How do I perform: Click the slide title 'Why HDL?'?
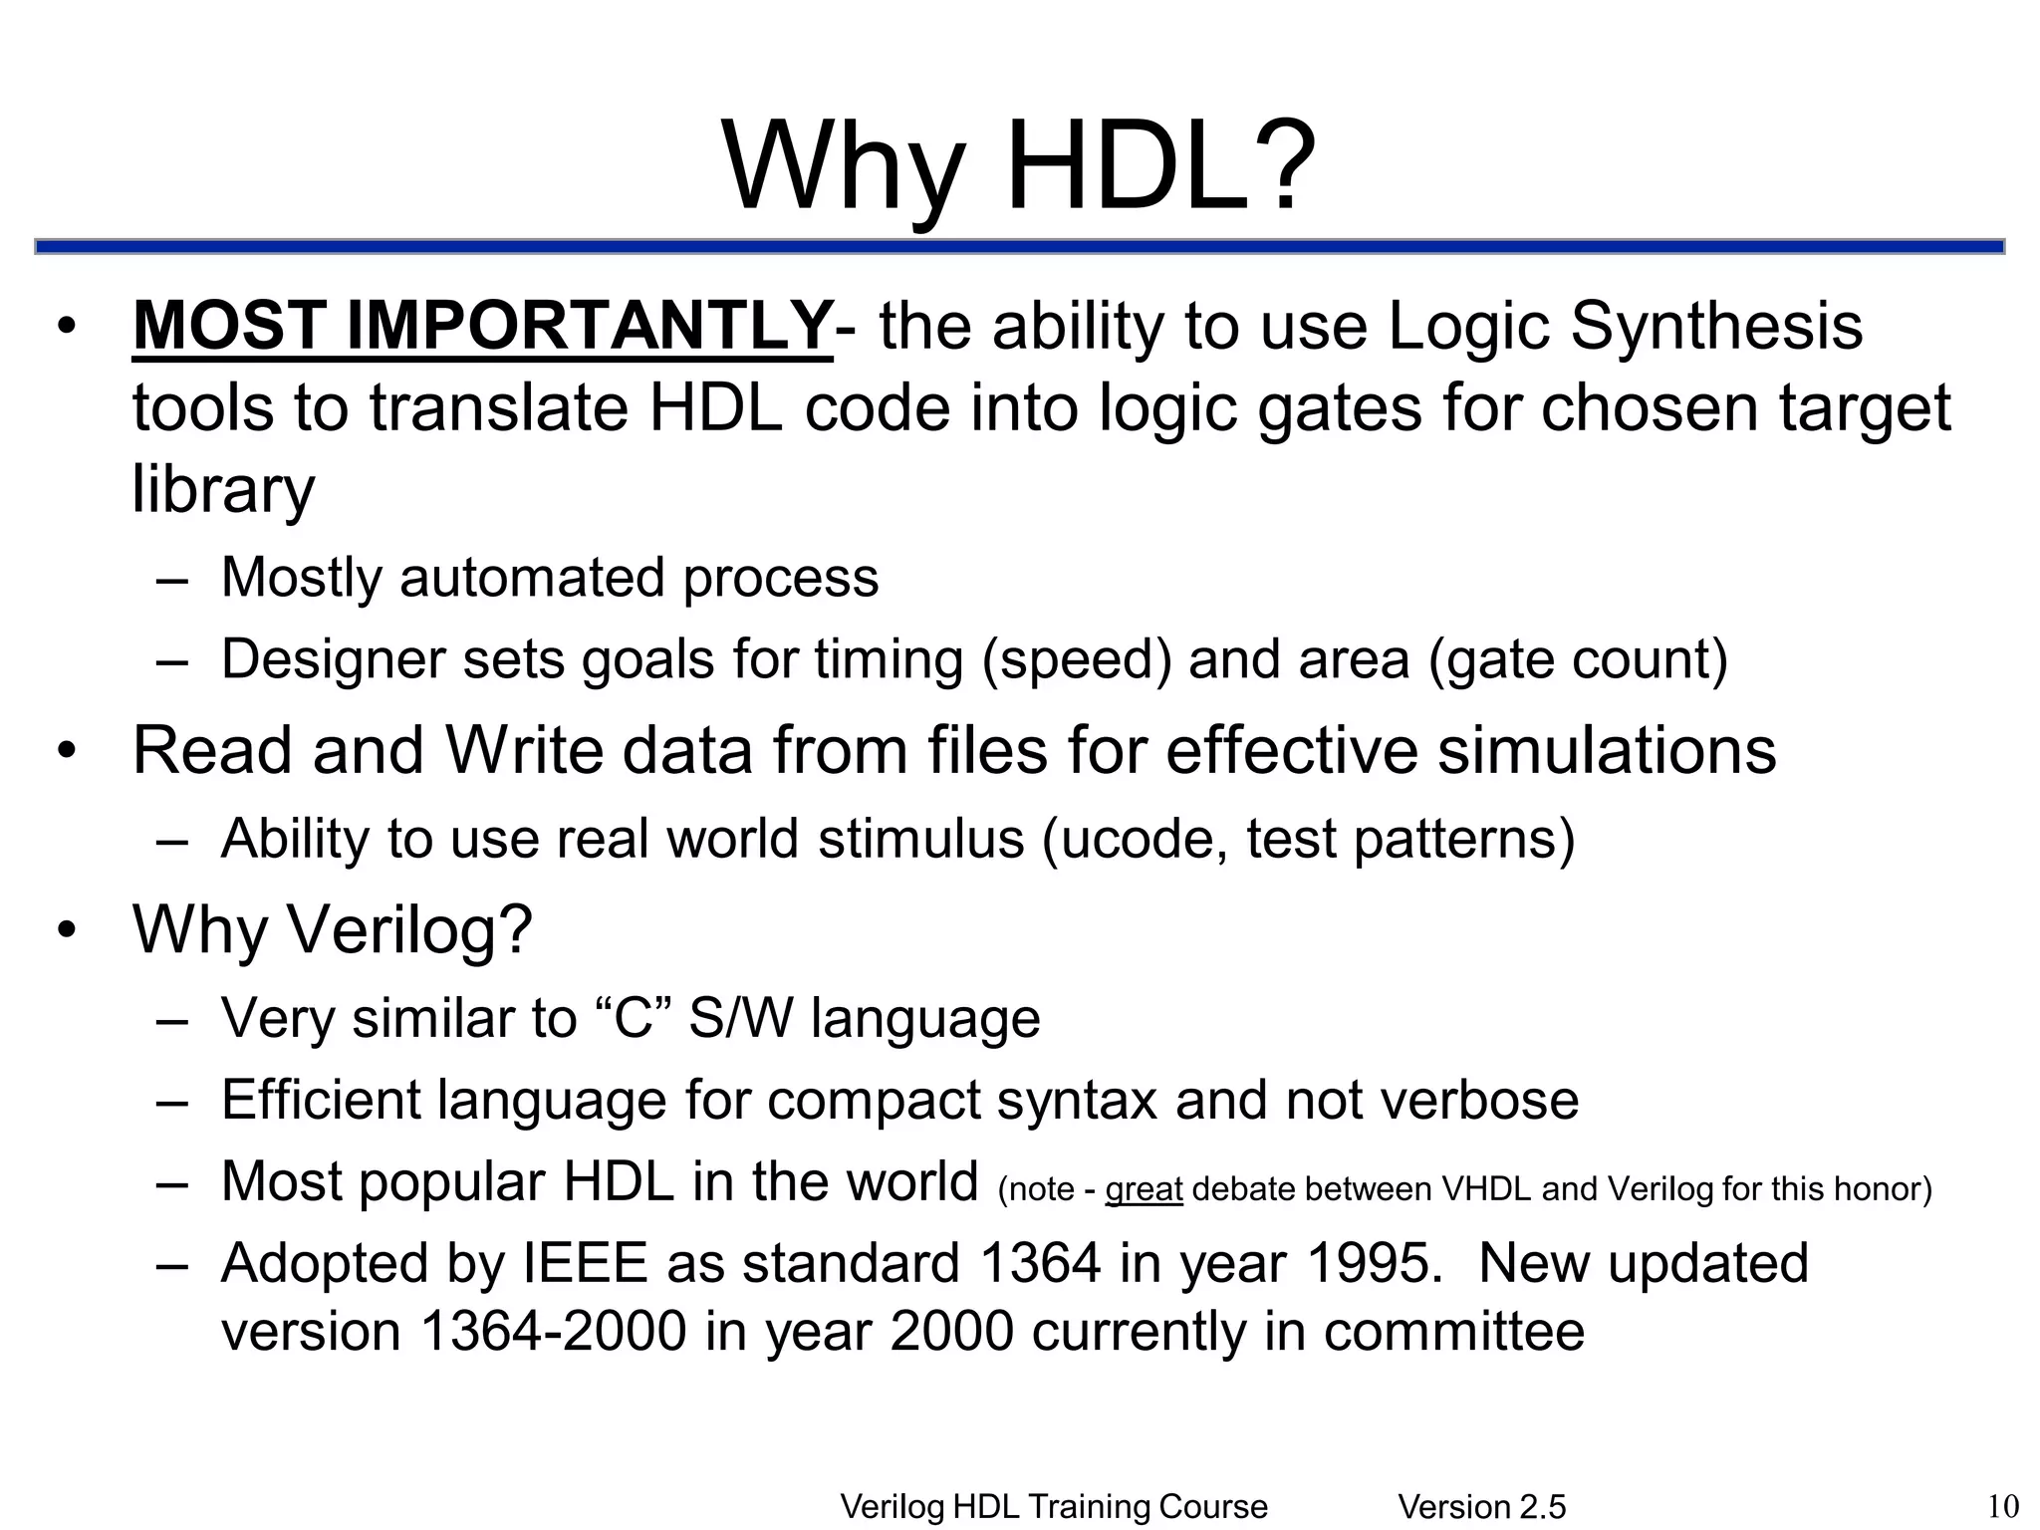pyautogui.click(x=1019, y=165)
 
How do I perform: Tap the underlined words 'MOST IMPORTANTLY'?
pyautogui.click(x=481, y=326)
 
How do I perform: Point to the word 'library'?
pyautogui.click(x=223, y=490)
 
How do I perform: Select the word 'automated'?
pyautogui.click(x=532, y=577)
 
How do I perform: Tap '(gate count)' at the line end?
pyautogui.click(x=1578, y=658)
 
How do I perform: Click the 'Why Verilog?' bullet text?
pyautogui.click(x=333, y=928)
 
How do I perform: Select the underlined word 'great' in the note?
pyautogui.click(x=1144, y=1189)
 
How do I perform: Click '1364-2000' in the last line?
pyautogui.click(x=554, y=1331)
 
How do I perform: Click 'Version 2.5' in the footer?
pyautogui.click(x=1481, y=1507)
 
